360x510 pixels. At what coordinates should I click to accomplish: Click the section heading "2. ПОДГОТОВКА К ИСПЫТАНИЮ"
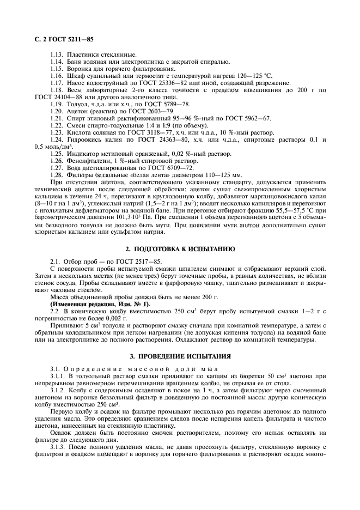pyautogui.click(x=180, y=248)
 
